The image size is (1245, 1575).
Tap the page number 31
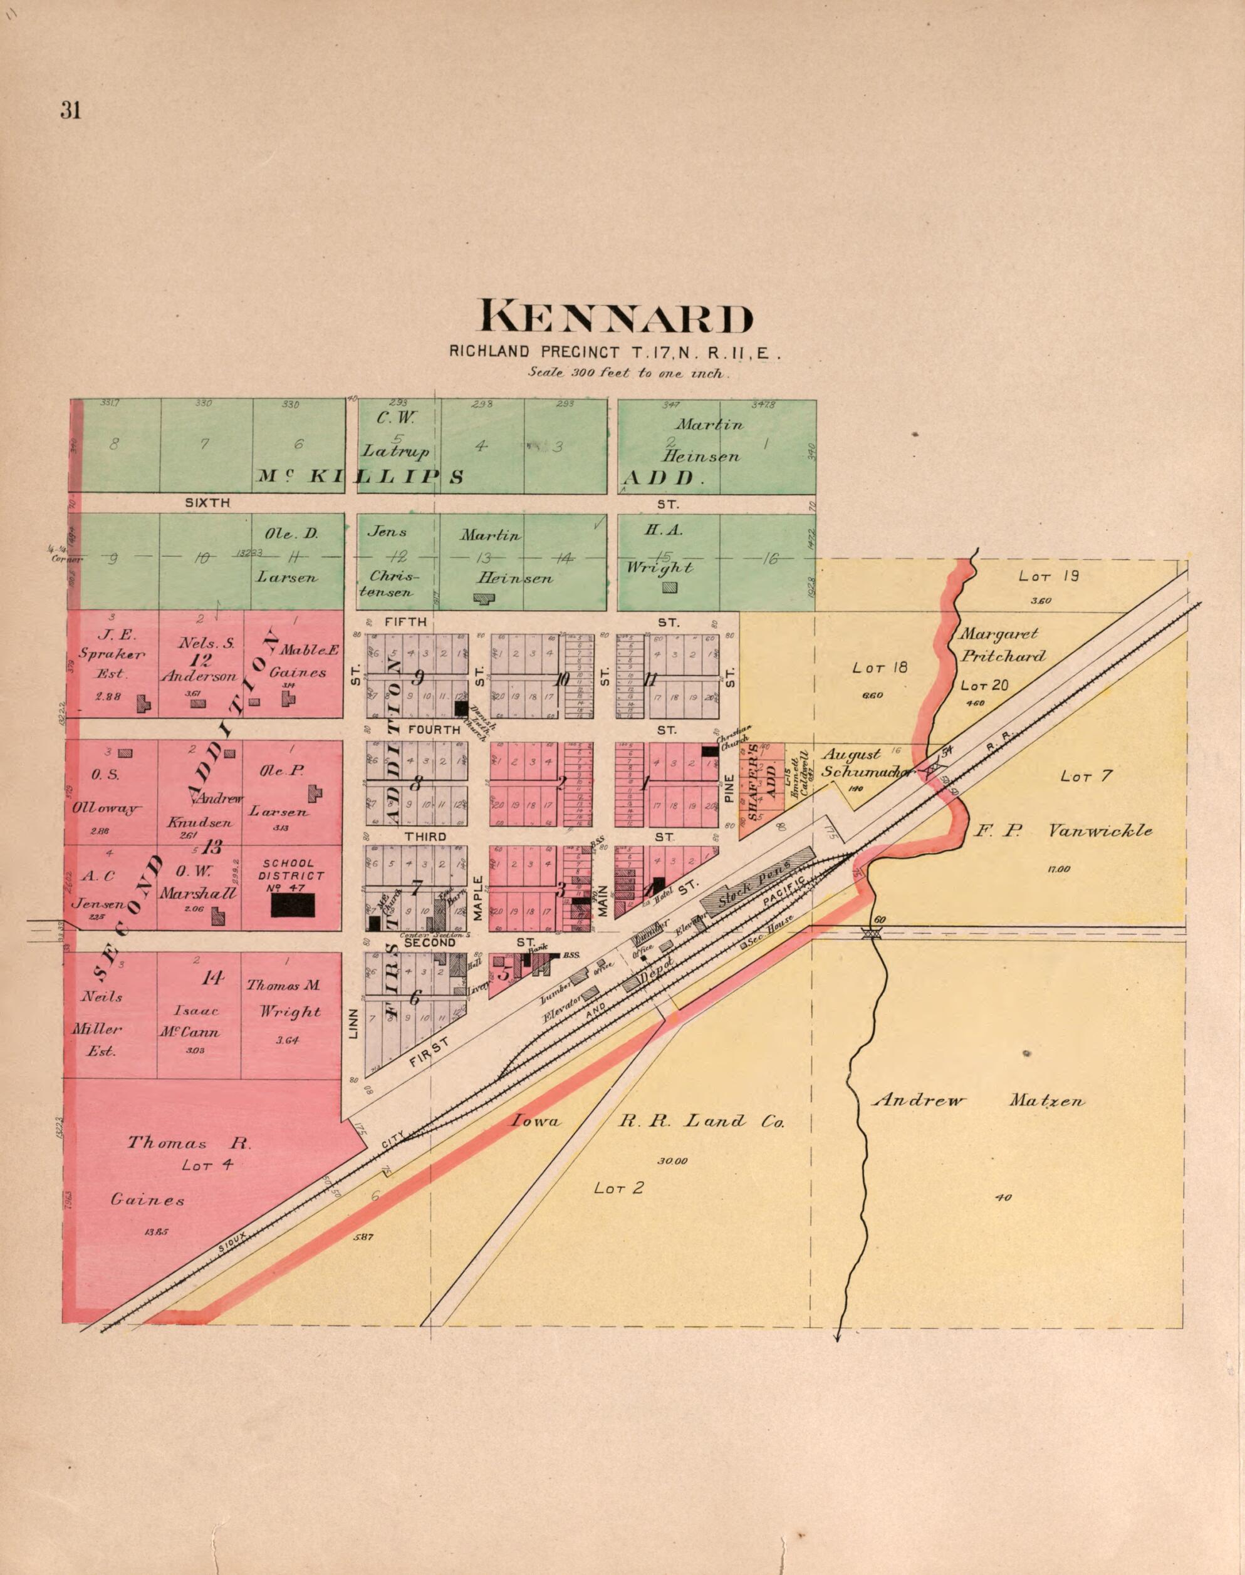[71, 110]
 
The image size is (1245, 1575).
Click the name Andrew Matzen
[978, 1101]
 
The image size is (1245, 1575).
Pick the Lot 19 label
[1048, 576]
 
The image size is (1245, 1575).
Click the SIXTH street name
[208, 503]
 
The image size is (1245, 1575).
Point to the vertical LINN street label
[353, 1023]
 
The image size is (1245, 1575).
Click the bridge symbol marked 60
[869, 932]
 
